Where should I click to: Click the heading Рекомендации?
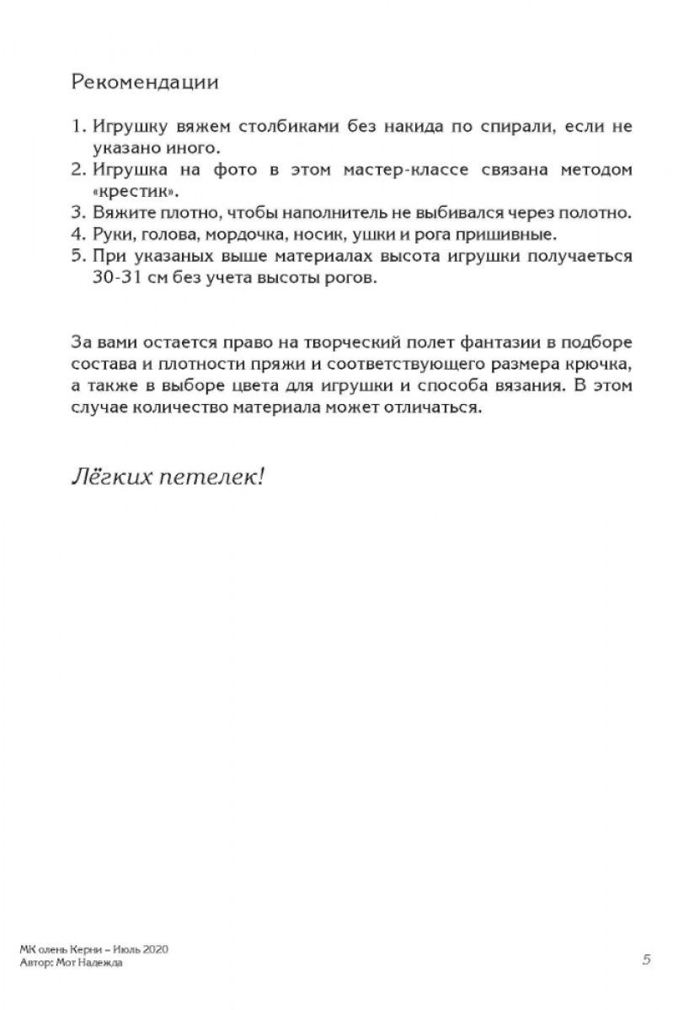[146, 82]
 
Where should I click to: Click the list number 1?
[78, 126]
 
